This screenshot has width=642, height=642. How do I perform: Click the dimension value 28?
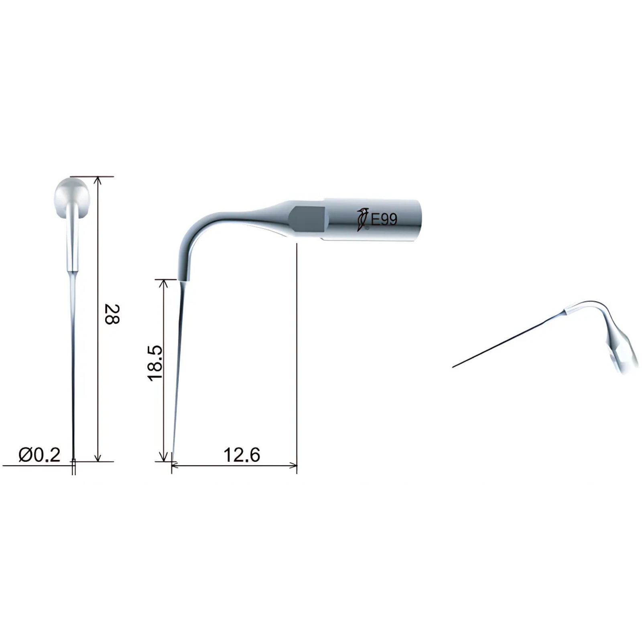pyautogui.click(x=112, y=315)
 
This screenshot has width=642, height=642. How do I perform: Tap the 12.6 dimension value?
pyautogui.click(x=242, y=455)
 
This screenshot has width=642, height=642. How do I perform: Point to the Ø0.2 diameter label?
pyautogui.click(x=39, y=455)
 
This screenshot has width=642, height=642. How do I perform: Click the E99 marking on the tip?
pyautogui.click(x=384, y=219)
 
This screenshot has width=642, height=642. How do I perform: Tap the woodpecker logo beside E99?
pyautogui.click(x=363, y=219)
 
